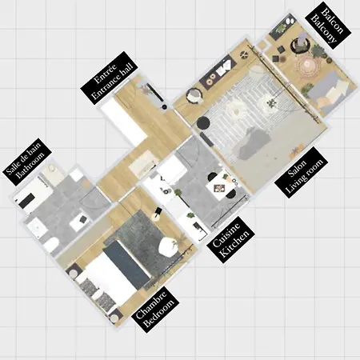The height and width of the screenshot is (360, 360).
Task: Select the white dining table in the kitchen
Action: tap(218, 187)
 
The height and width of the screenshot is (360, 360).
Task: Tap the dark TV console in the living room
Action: tap(216, 76)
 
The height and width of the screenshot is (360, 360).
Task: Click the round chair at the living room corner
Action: tap(193, 97)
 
